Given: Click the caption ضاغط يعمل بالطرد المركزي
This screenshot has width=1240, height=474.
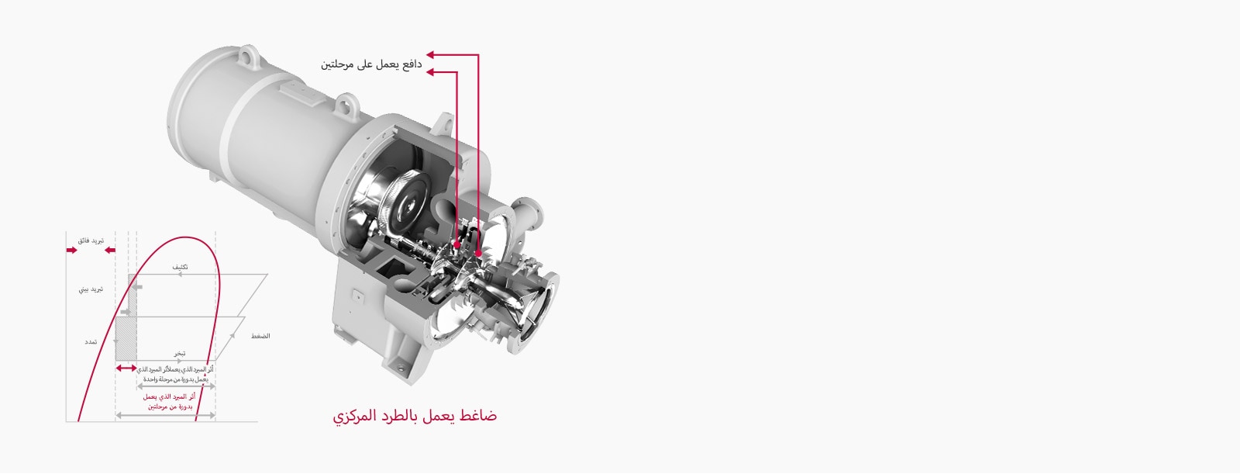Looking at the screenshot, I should pyautogui.click(x=415, y=417).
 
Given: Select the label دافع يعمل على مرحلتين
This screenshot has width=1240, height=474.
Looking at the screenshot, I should pyautogui.click(x=371, y=64).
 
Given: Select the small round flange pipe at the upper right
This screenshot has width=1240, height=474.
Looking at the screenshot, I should pyautogui.click(x=533, y=211).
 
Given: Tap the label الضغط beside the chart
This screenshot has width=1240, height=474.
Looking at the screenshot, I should pyautogui.click(x=260, y=336).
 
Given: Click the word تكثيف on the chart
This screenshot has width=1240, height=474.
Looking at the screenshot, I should pyautogui.click(x=180, y=267).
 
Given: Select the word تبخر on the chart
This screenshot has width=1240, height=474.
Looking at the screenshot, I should pyautogui.click(x=179, y=354).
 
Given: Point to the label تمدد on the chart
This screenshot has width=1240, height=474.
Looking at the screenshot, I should pyautogui.click(x=91, y=342).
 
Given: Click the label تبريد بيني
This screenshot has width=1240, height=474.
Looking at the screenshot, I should pyautogui.click(x=91, y=289).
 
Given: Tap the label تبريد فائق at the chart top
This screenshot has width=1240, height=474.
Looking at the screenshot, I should pyautogui.click(x=91, y=241).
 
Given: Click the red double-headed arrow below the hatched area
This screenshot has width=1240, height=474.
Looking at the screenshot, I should pyautogui.click(x=126, y=368).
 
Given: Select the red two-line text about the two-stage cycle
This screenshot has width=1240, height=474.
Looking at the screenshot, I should pyautogui.click(x=170, y=401).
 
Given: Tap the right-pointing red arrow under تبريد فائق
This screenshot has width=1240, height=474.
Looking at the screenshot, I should pyautogui.click(x=72, y=251).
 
